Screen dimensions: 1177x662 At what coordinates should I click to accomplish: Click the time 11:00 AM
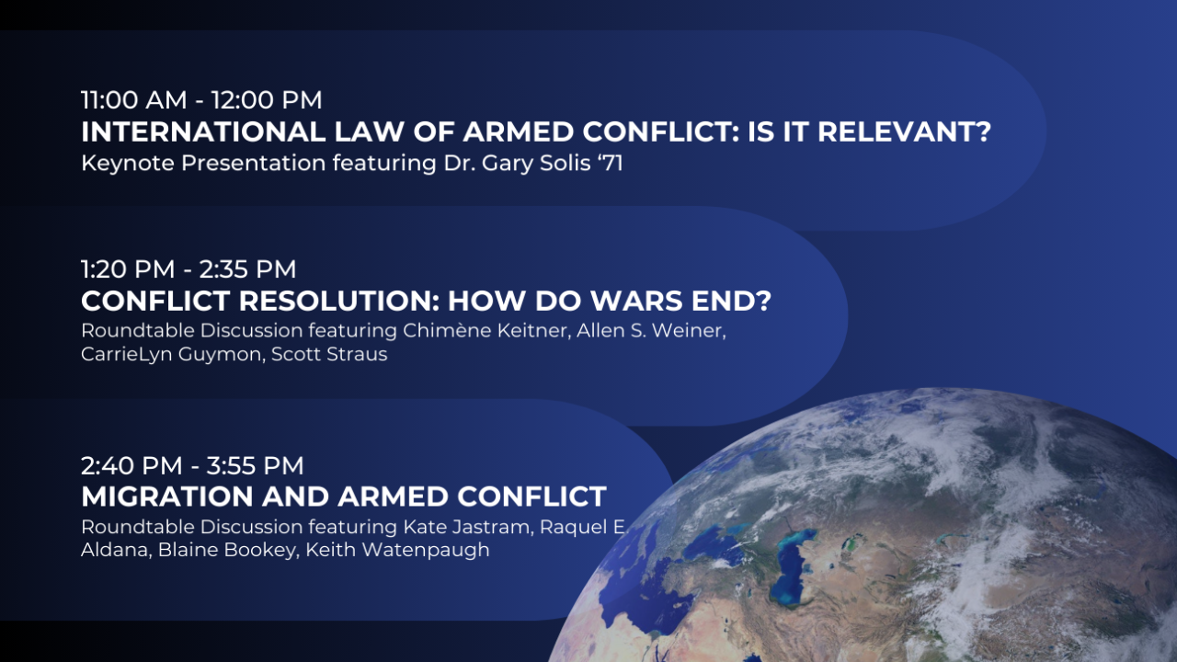point(134,100)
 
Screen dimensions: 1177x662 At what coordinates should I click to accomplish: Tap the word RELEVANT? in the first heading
point(904,131)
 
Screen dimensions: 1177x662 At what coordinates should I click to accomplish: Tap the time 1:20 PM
point(128,269)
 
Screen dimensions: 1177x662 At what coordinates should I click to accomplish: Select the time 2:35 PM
point(247,269)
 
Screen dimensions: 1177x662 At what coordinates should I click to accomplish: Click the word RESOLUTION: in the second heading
point(339,301)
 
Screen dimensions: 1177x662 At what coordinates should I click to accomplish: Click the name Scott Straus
point(329,354)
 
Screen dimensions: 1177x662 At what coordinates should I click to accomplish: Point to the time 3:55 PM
point(255,465)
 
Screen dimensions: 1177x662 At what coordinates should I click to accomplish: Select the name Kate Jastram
point(469,527)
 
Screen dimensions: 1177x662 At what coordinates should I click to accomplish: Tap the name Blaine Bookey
point(227,550)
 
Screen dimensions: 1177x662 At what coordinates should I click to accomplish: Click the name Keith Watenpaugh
point(398,550)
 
